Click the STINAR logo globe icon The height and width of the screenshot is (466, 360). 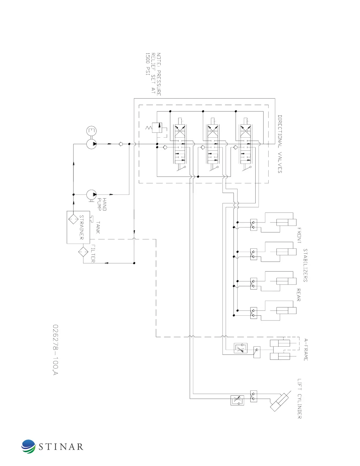(x=29, y=446)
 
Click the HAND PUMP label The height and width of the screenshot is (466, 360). (x=102, y=204)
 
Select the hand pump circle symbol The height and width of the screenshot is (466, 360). (x=92, y=194)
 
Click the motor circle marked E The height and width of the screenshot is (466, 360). (x=91, y=131)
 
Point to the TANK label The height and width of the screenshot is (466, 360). (x=98, y=227)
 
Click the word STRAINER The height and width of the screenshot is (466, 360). (x=81, y=227)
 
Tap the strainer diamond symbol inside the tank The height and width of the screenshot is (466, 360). (x=73, y=219)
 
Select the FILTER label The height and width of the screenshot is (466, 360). (x=93, y=253)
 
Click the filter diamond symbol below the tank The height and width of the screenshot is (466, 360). (x=83, y=252)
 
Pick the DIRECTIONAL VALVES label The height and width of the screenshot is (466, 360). (x=280, y=144)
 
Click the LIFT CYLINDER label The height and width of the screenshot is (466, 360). (x=299, y=399)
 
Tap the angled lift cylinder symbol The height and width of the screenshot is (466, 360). (x=280, y=401)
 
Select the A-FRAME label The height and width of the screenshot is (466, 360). (x=306, y=350)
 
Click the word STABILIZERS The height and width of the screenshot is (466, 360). (x=305, y=265)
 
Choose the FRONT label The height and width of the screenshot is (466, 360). (x=299, y=235)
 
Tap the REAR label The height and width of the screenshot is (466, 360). (x=299, y=295)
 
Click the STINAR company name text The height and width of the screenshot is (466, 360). (x=61, y=447)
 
